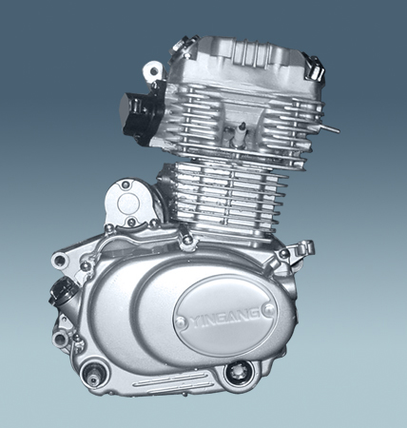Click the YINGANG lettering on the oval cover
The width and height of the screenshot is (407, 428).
coord(225,319)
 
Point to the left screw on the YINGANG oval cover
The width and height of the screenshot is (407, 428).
coord(180,321)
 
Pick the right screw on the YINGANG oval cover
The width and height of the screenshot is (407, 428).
coord(269,308)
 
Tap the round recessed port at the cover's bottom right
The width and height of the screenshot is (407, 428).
coord(237,373)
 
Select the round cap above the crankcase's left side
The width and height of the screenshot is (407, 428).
coord(127,203)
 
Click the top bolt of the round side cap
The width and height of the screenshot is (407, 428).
coord(126,184)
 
